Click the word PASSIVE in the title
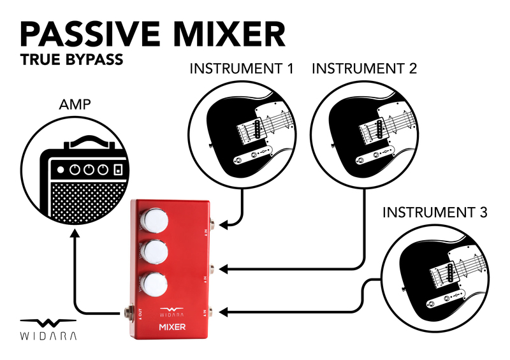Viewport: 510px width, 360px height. click(x=90, y=34)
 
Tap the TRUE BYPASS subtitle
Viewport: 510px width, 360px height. click(x=71, y=61)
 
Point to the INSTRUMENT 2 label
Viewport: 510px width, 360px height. click(x=364, y=68)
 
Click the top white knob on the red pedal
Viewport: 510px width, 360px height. click(x=155, y=220)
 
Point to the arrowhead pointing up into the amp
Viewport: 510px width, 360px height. click(x=75, y=234)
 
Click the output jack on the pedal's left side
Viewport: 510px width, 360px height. click(x=127, y=312)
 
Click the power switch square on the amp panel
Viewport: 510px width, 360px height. click(x=117, y=170)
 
